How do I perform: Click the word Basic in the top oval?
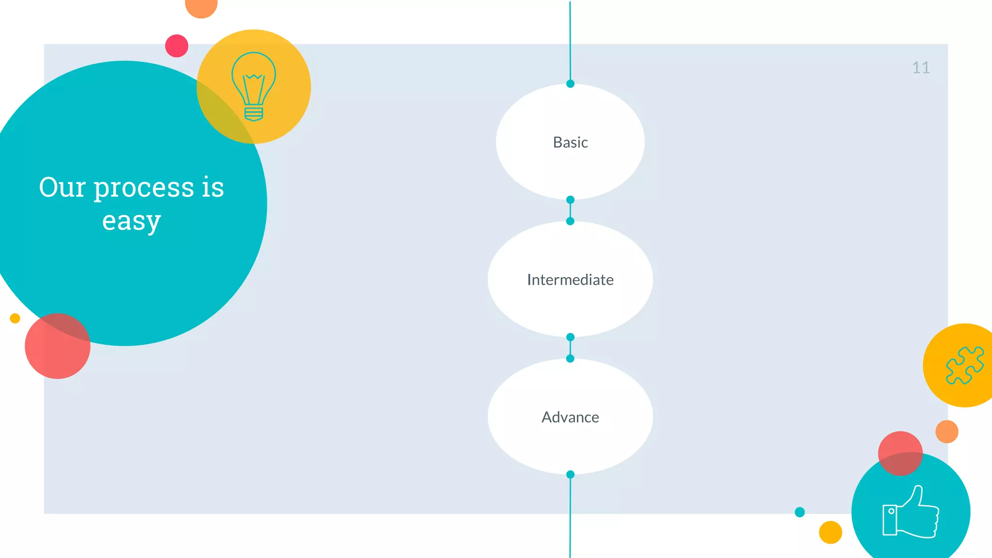(x=570, y=142)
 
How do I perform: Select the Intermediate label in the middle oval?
(x=570, y=280)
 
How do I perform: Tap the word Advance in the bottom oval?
(x=570, y=417)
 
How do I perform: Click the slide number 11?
(x=920, y=68)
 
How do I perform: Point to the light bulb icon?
(x=254, y=86)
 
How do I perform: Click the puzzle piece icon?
(x=964, y=366)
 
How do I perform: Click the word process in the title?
(x=144, y=188)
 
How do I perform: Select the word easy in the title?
(x=131, y=221)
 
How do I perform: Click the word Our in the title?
(x=62, y=187)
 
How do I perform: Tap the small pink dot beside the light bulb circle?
(x=177, y=46)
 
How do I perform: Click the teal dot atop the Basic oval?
(x=570, y=84)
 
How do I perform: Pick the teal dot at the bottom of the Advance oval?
(x=570, y=475)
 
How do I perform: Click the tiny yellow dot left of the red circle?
(x=15, y=318)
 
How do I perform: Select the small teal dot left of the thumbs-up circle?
(x=800, y=512)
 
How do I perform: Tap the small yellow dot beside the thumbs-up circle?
(x=830, y=532)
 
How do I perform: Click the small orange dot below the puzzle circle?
(x=946, y=432)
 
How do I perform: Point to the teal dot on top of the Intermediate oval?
(x=570, y=221)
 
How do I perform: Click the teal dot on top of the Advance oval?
(x=570, y=358)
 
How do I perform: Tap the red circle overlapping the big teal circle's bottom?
(x=57, y=346)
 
